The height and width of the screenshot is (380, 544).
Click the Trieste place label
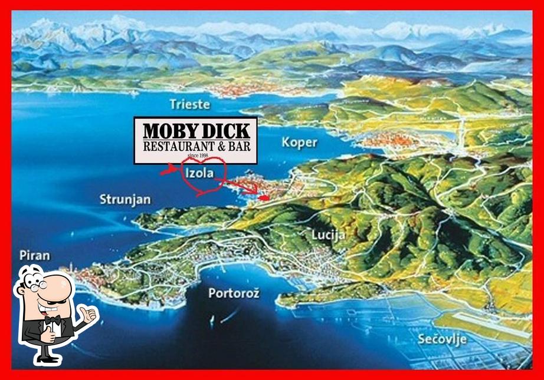click(x=189, y=104)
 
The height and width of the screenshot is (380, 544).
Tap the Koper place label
click(x=299, y=142)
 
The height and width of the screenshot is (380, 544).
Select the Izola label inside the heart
click(x=199, y=173)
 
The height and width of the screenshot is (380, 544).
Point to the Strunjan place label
click(x=124, y=199)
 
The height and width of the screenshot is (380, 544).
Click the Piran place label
click(x=34, y=256)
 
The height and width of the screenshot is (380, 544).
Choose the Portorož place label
click(x=234, y=293)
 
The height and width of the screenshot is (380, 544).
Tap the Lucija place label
click(x=328, y=235)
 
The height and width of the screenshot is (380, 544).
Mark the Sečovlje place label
click(x=442, y=339)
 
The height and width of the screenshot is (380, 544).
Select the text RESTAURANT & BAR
click(x=196, y=146)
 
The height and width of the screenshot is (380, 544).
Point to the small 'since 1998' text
click(x=198, y=156)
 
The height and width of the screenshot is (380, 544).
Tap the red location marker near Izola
click(x=264, y=198)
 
